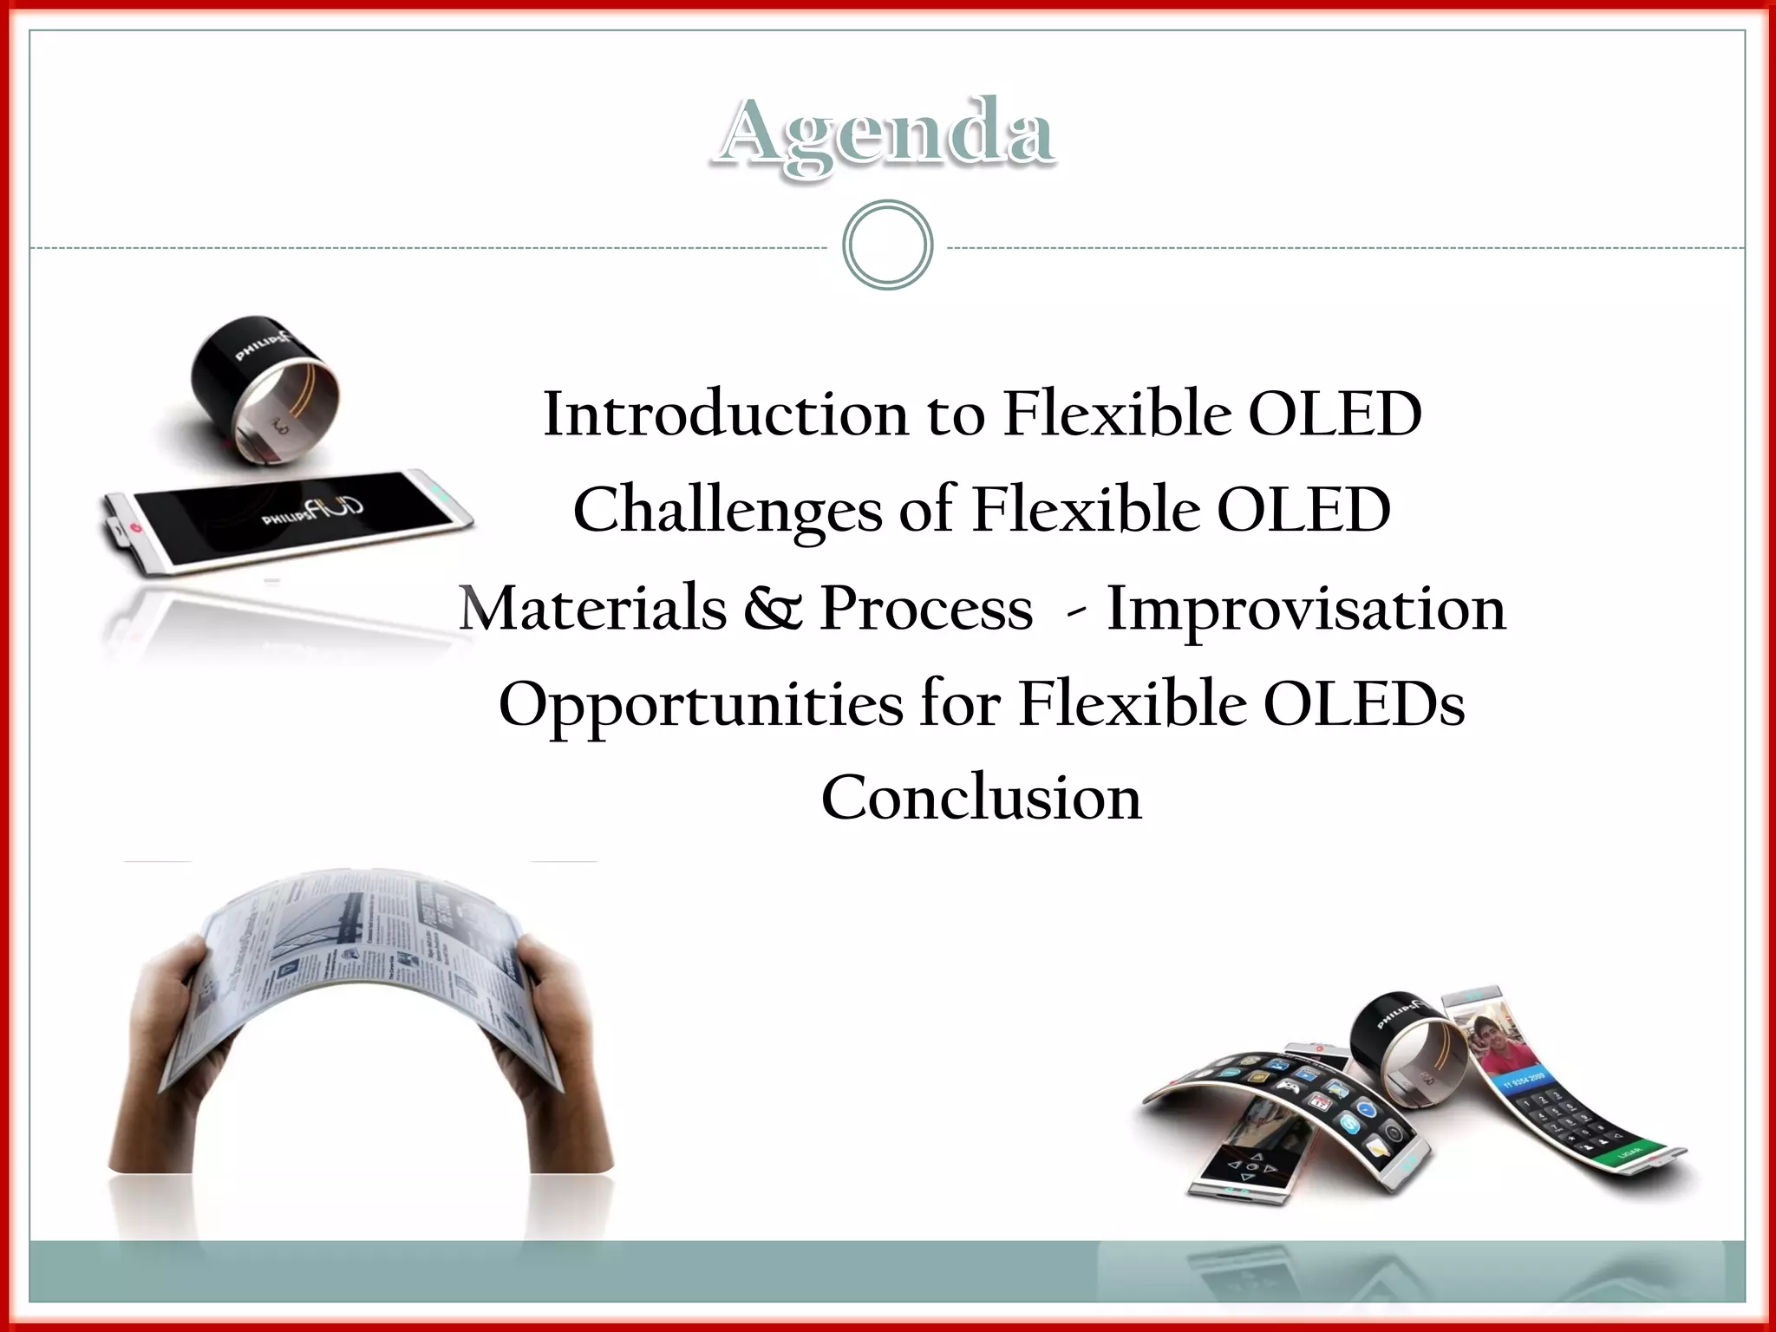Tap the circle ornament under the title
pyautogui.click(x=887, y=245)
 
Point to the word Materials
pyautogui.click(x=593, y=608)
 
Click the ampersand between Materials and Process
pyautogui.click(x=774, y=608)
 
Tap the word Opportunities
pyautogui.click(x=701, y=705)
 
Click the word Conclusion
pyautogui.click(x=981, y=798)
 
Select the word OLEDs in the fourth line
pyautogui.click(x=1363, y=703)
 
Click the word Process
pyautogui.click(x=926, y=608)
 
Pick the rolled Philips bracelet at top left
pyautogui.click(x=264, y=382)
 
